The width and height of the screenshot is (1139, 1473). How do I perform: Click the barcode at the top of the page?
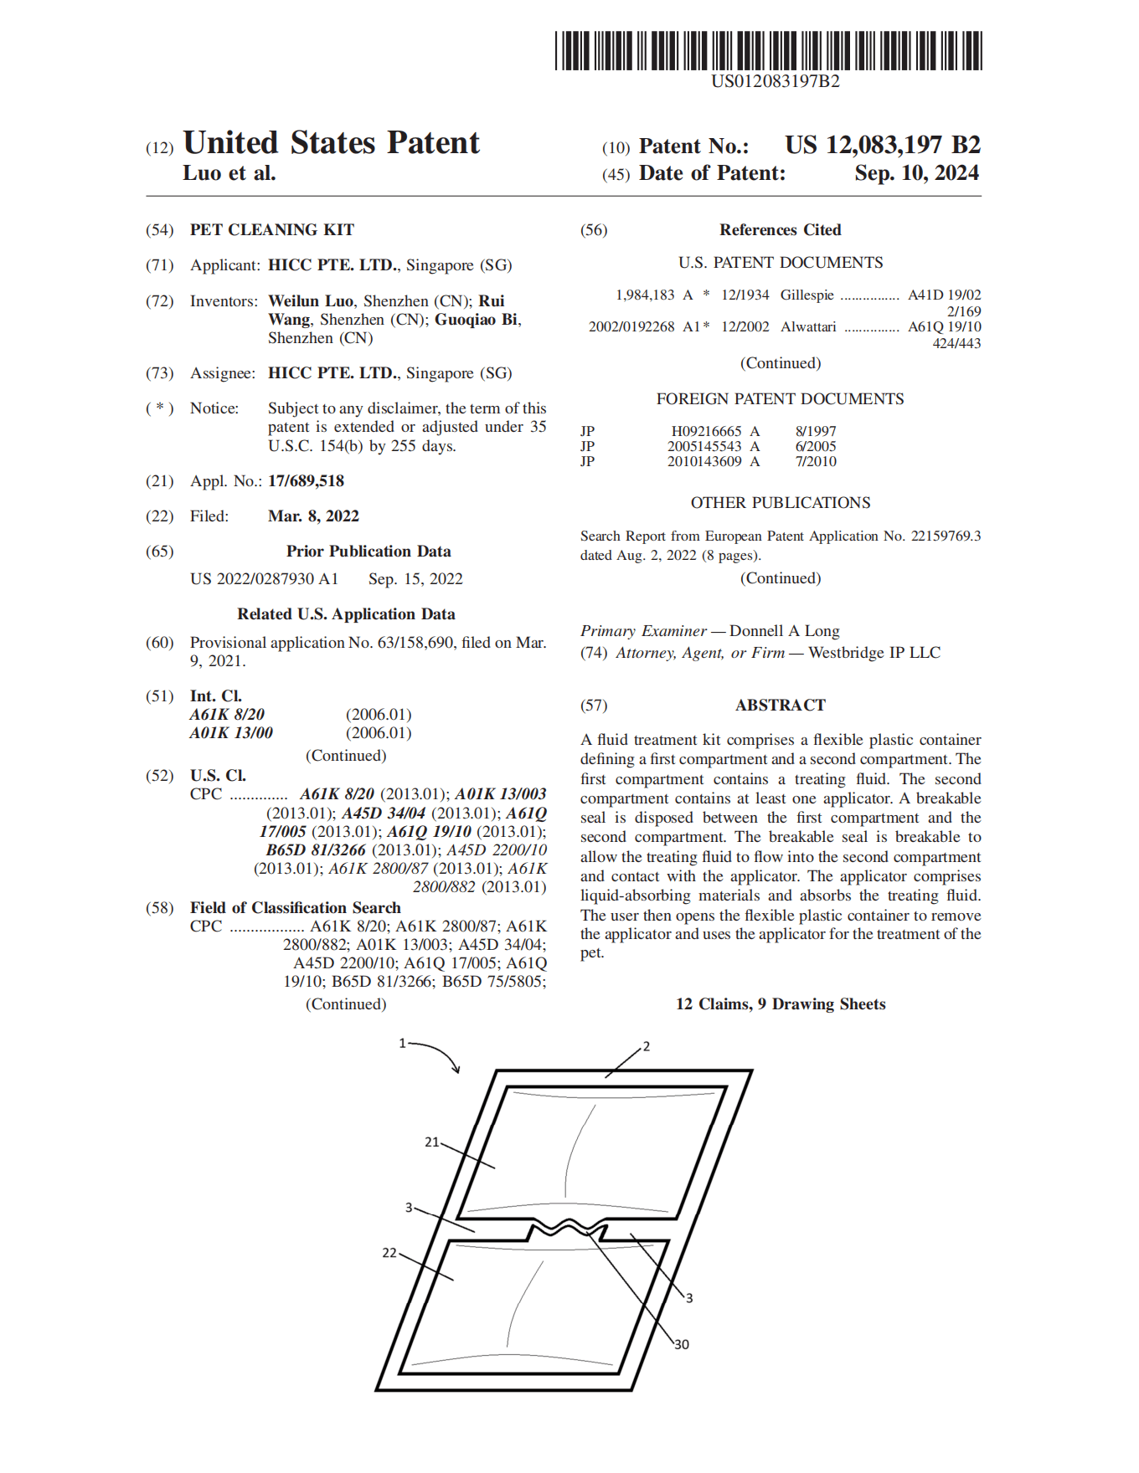[768, 50]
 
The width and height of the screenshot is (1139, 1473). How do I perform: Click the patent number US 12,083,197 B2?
[882, 146]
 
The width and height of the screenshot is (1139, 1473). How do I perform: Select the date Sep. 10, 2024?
[916, 173]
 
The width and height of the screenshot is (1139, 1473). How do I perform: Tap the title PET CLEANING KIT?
[272, 230]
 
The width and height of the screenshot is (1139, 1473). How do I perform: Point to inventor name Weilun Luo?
[311, 301]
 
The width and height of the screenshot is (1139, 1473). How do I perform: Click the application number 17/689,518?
[306, 481]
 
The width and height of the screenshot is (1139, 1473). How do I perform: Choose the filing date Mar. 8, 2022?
[313, 516]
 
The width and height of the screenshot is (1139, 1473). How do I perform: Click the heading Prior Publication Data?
[368, 552]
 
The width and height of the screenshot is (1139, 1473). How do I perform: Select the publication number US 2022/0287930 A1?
[264, 579]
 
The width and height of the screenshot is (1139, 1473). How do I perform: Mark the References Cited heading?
[780, 230]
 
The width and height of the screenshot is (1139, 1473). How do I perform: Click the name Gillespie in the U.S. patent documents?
[807, 295]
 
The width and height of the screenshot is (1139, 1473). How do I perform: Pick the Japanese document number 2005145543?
[704, 447]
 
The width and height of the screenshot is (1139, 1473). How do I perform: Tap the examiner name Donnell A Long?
[784, 631]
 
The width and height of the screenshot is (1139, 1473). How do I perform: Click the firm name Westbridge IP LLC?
[874, 653]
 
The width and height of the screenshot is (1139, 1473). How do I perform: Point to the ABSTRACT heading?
[780, 706]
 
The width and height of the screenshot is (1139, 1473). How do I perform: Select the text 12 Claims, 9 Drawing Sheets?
[780, 1004]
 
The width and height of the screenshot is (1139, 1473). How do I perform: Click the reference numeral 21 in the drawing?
[431, 1142]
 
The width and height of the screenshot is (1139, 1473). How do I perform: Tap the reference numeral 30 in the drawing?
[682, 1345]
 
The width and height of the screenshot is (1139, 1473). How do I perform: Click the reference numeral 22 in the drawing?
[389, 1253]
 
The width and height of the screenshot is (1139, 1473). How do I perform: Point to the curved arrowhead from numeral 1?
[456, 1069]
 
